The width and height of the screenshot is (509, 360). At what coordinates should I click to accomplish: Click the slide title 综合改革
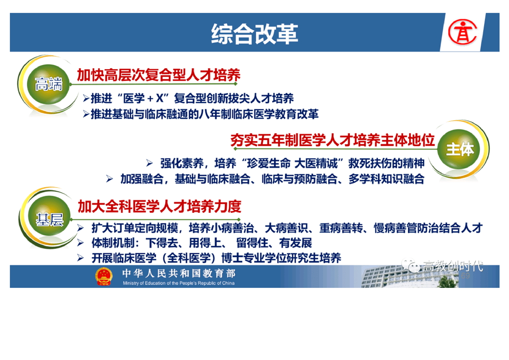(x=254, y=34)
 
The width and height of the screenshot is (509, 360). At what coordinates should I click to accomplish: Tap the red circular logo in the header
(x=462, y=32)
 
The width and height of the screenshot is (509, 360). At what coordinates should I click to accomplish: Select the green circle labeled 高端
(x=49, y=84)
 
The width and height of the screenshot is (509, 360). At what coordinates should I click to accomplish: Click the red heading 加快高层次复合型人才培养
(x=158, y=75)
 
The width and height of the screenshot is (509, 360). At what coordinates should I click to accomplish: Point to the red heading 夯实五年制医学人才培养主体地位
(x=333, y=140)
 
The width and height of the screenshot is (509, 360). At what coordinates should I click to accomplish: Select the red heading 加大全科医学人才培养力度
(x=159, y=207)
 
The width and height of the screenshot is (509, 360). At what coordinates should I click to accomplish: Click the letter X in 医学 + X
(x=160, y=98)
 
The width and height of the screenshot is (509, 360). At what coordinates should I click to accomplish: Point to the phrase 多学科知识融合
(x=387, y=179)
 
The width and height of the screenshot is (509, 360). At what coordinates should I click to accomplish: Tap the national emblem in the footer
(x=103, y=277)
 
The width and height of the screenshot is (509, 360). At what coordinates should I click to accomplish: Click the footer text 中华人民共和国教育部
(x=179, y=274)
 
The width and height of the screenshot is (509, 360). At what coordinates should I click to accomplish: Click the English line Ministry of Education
(x=179, y=283)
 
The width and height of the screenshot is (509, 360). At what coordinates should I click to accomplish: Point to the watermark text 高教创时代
(x=452, y=266)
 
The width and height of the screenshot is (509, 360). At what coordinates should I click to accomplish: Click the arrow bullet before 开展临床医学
(x=80, y=258)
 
